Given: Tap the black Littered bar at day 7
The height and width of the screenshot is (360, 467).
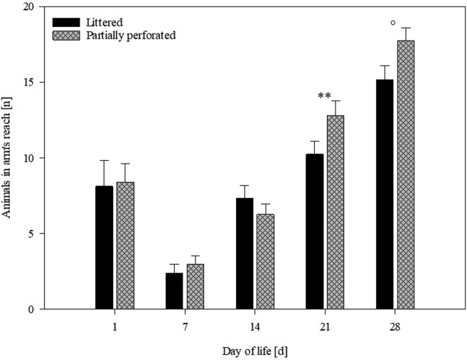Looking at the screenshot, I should point(174,291).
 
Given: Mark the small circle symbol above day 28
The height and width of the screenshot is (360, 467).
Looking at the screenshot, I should point(393,23).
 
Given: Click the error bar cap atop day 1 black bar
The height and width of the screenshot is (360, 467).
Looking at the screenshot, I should point(104,161).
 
